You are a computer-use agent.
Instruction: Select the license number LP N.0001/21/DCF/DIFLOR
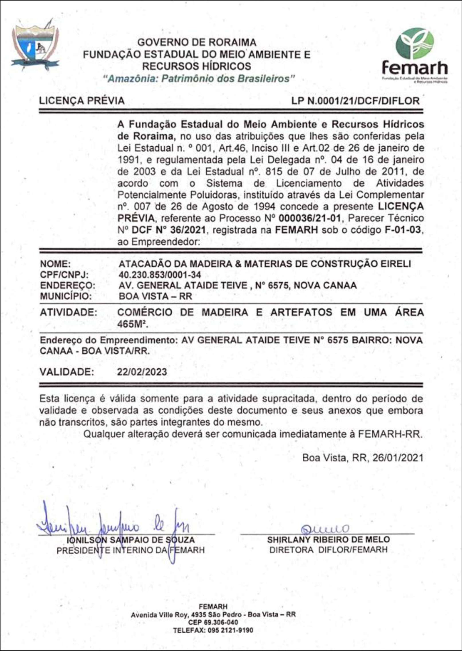pyautogui.click(x=355, y=101)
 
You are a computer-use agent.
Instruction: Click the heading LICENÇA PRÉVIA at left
pyautogui.click(x=82, y=101)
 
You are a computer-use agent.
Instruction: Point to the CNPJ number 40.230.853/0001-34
pyautogui.click(x=160, y=275)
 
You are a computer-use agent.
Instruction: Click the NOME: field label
pyautogui.click(x=55, y=264)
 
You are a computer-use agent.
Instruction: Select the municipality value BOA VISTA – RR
pyautogui.click(x=155, y=296)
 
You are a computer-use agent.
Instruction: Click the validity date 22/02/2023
pyautogui.click(x=142, y=372)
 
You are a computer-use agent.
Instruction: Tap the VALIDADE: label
pyautogui.click(x=67, y=372)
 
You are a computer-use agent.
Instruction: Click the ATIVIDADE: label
pyautogui.click(x=68, y=312)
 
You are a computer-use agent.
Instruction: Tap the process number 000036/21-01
pyautogui.click(x=310, y=218)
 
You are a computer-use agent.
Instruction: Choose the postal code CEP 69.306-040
pyautogui.click(x=213, y=622)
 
